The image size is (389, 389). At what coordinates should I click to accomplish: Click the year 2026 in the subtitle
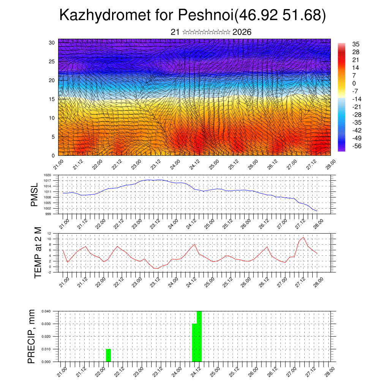[x=242, y=32]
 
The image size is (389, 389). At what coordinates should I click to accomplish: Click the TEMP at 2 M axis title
[x=38, y=253]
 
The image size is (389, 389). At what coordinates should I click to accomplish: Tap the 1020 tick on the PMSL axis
[x=47, y=175]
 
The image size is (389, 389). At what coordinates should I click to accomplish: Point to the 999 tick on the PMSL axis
[x=48, y=214]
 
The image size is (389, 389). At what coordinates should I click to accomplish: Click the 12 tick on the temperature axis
[x=49, y=233]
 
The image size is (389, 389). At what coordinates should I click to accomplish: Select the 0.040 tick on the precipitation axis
[x=46, y=311]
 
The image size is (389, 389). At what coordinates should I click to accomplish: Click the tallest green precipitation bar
[x=199, y=336]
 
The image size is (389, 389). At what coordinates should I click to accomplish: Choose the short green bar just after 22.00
[x=108, y=355]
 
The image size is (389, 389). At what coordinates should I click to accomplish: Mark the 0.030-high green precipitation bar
[x=194, y=342]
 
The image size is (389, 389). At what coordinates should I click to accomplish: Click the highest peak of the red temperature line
[x=303, y=237]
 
